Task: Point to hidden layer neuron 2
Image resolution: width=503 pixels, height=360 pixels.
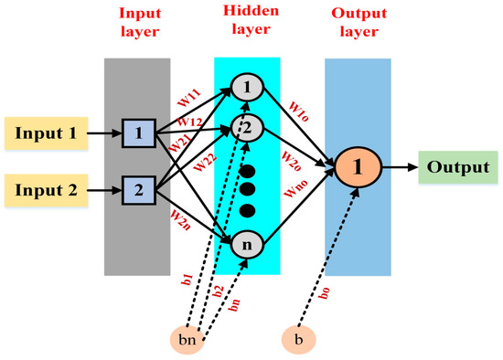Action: pyautogui.click(x=246, y=126)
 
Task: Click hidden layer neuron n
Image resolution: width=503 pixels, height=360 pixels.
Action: pyautogui.click(x=246, y=244)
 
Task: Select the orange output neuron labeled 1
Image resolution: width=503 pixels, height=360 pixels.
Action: pyautogui.click(x=358, y=169)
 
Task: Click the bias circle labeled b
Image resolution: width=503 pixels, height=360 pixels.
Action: pyautogui.click(x=297, y=340)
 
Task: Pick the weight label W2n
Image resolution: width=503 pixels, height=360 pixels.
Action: pyautogui.click(x=179, y=220)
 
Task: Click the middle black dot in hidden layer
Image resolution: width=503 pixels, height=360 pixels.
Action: pyautogui.click(x=246, y=189)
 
